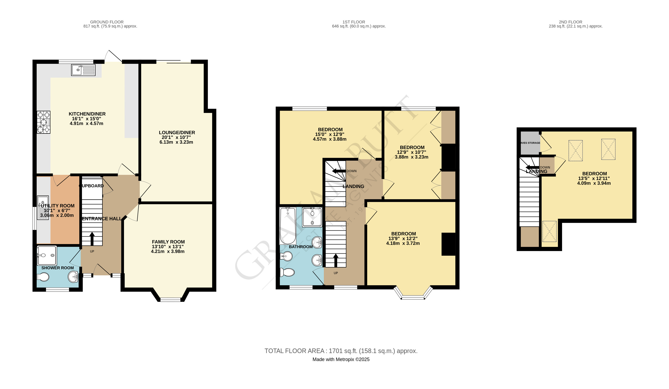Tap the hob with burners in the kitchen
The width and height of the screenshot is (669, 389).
(44, 122)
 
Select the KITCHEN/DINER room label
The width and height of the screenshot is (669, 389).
(87, 114)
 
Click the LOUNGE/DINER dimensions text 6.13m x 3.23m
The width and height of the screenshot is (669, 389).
(176, 142)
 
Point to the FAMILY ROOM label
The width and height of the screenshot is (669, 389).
(168, 242)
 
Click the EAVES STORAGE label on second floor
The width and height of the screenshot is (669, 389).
(530, 143)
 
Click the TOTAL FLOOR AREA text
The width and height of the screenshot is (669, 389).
(341, 351)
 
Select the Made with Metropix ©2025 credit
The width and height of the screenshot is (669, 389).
(341, 359)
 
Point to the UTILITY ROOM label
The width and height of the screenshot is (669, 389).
(57, 206)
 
